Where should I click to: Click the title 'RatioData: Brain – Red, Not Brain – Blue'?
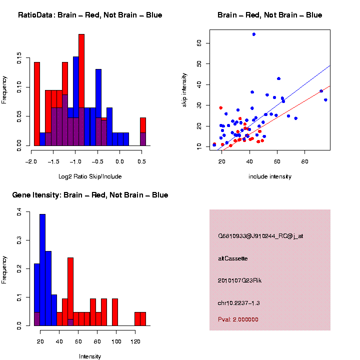tap(90, 15)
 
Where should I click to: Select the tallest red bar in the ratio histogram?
tap(81, 90)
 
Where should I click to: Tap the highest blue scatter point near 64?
tap(253, 34)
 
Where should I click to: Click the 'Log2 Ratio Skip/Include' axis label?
tap(90, 176)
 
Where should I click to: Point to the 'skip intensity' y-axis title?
tap(184, 90)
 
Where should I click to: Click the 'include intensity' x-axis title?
tap(270, 176)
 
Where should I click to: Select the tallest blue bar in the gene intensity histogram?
tap(42, 270)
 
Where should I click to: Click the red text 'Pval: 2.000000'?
tap(238, 319)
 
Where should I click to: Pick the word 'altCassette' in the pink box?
tap(233, 258)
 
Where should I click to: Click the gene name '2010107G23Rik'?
tap(239, 280)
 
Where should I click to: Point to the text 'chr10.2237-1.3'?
tap(239, 303)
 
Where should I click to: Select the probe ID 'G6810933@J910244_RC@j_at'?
tap(260, 236)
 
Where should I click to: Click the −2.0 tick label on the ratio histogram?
tap(31, 161)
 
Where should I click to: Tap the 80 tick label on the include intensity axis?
tap(304, 161)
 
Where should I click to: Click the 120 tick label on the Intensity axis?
tap(135, 341)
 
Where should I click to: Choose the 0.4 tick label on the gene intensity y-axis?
tap(19, 211)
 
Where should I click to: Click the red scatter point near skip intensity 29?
tap(221, 107)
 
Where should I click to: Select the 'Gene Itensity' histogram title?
tap(90, 195)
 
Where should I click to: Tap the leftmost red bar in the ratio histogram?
tap(37, 104)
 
